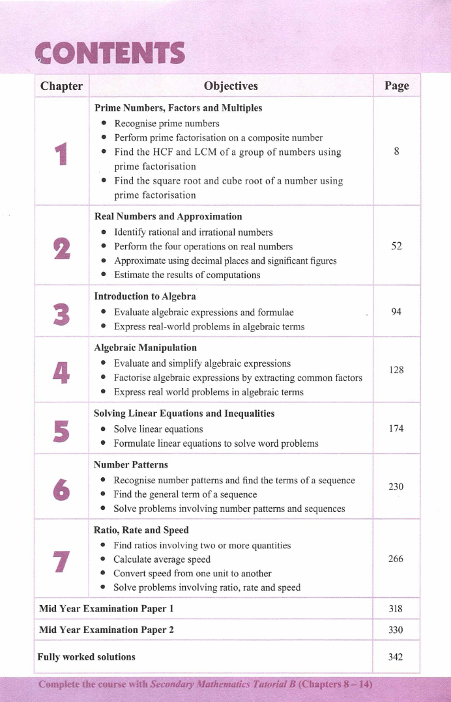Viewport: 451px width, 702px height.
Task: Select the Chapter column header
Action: point(61,86)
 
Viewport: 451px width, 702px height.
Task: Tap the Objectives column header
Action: point(231,86)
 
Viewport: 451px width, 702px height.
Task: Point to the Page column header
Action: point(396,86)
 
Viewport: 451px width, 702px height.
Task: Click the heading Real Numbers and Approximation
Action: point(168,216)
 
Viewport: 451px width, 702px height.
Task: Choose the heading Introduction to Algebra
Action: point(145,296)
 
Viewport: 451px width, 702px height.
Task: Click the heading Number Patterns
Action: point(131,465)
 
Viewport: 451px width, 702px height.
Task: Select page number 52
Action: point(396,246)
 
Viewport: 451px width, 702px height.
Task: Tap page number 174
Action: point(396,428)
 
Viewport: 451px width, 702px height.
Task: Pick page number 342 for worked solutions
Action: point(396,656)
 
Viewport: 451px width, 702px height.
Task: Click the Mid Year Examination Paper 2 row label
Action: point(106,630)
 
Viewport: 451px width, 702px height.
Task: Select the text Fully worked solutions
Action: point(87,656)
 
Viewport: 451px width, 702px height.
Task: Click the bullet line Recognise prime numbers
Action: point(166,123)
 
